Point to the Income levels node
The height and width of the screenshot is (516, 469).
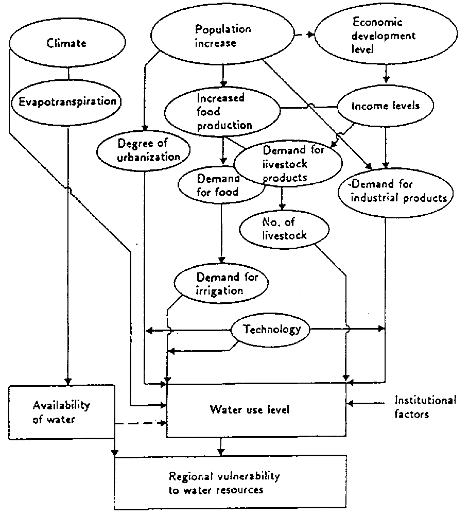click(385, 107)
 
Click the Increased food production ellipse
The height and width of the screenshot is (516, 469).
click(222, 111)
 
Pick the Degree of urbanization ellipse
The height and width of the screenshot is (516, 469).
click(144, 149)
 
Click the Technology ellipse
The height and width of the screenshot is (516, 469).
click(272, 330)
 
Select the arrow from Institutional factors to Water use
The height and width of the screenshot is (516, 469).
click(367, 404)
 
